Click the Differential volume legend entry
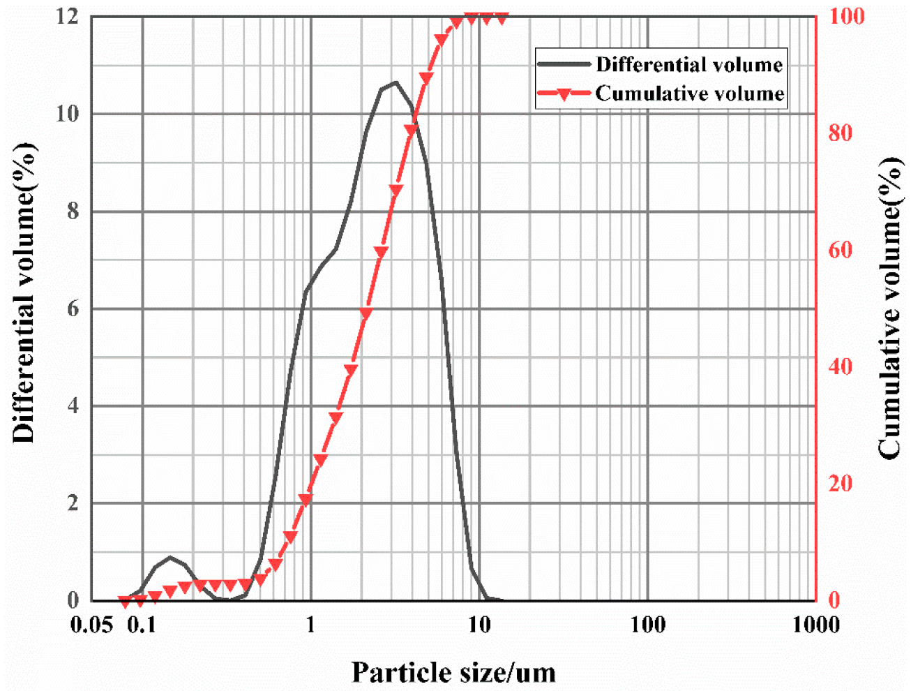click(688, 65)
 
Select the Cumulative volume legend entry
click(689, 94)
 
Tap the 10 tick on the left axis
click(67, 113)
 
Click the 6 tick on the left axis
click(73, 309)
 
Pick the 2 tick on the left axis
click(73, 503)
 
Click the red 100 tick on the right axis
click(846, 16)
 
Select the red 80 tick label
click(841, 133)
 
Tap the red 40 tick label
click(841, 366)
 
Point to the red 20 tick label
click(841, 483)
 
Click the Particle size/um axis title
click(453, 673)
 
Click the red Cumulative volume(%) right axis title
click(889, 307)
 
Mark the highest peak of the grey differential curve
click(396, 82)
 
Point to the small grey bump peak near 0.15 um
click(170, 557)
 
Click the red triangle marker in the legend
click(564, 94)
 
